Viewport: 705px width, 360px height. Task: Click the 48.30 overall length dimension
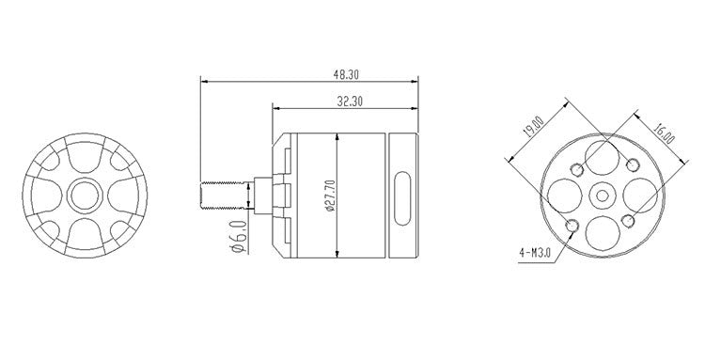[x=346, y=74]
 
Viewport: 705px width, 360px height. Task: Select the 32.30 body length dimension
[x=350, y=102]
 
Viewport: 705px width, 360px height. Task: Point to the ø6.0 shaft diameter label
[x=239, y=237]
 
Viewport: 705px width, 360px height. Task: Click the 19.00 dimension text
[x=534, y=126]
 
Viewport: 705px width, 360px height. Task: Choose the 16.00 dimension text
[x=664, y=133]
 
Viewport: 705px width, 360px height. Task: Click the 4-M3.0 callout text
[x=535, y=253]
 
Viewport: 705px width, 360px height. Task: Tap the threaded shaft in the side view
[x=225, y=196]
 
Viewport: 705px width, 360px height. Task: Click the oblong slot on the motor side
[x=402, y=197]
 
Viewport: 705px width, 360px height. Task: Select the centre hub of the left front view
[x=85, y=195]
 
